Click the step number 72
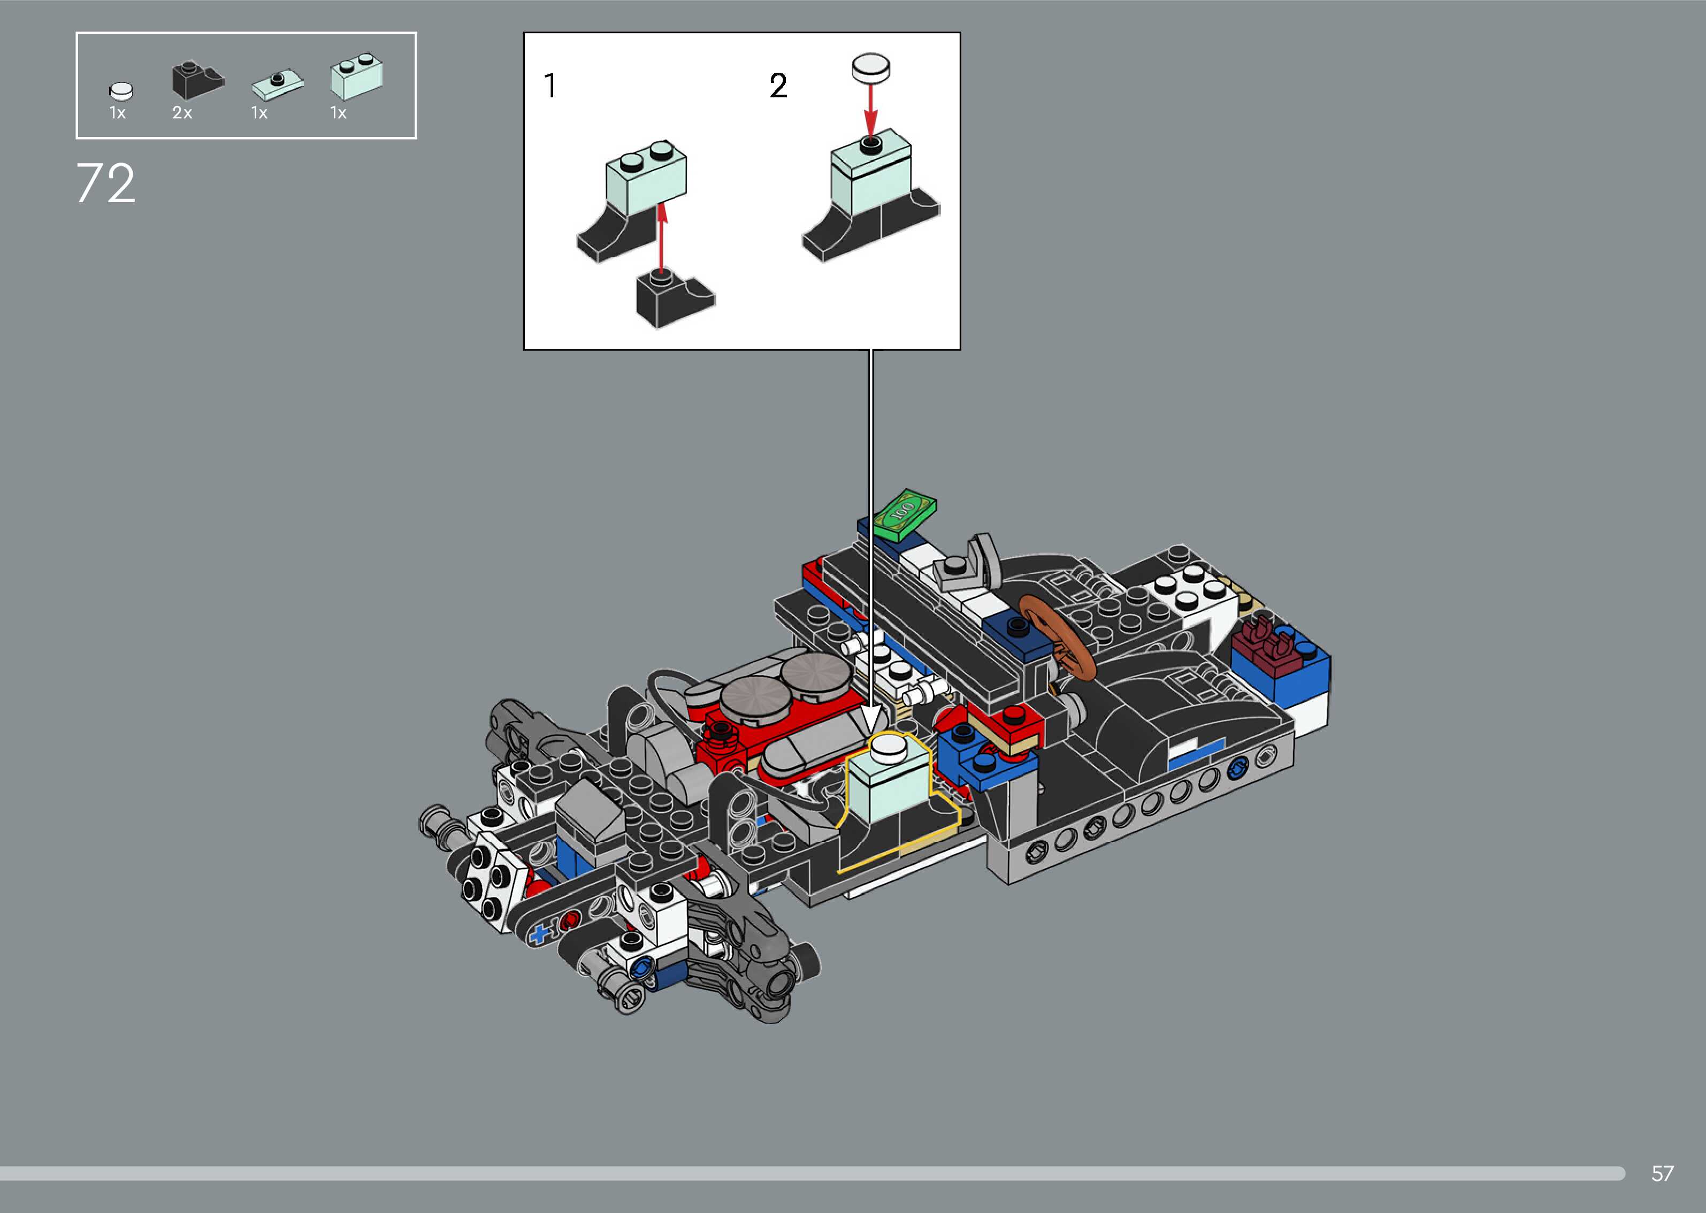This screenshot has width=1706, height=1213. tap(105, 184)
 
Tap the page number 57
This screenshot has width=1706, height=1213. tap(1662, 1173)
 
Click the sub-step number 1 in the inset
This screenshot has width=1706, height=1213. tap(550, 86)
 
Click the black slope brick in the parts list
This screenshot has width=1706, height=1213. tap(198, 80)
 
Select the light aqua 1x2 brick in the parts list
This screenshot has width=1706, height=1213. tap(357, 76)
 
